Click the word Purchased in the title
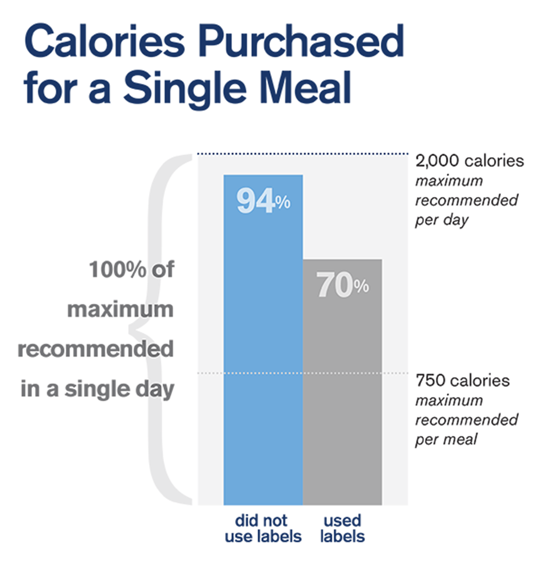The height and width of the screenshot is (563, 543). [x=301, y=42]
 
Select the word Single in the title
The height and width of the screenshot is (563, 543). [x=185, y=88]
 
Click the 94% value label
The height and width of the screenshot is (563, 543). [x=263, y=201]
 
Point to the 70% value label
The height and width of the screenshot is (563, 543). [x=342, y=285]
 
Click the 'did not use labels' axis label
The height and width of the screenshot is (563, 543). [x=263, y=529]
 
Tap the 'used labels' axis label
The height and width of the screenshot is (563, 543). [x=342, y=529]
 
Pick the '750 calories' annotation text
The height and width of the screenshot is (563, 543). [x=462, y=381]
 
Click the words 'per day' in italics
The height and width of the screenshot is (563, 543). [x=442, y=220]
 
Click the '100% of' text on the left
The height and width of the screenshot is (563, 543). [x=132, y=270]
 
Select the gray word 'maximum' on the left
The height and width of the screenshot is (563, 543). [x=120, y=310]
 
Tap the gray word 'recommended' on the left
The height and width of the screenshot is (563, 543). [x=96, y=349]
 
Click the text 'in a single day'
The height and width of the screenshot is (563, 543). [x=98, y=389]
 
